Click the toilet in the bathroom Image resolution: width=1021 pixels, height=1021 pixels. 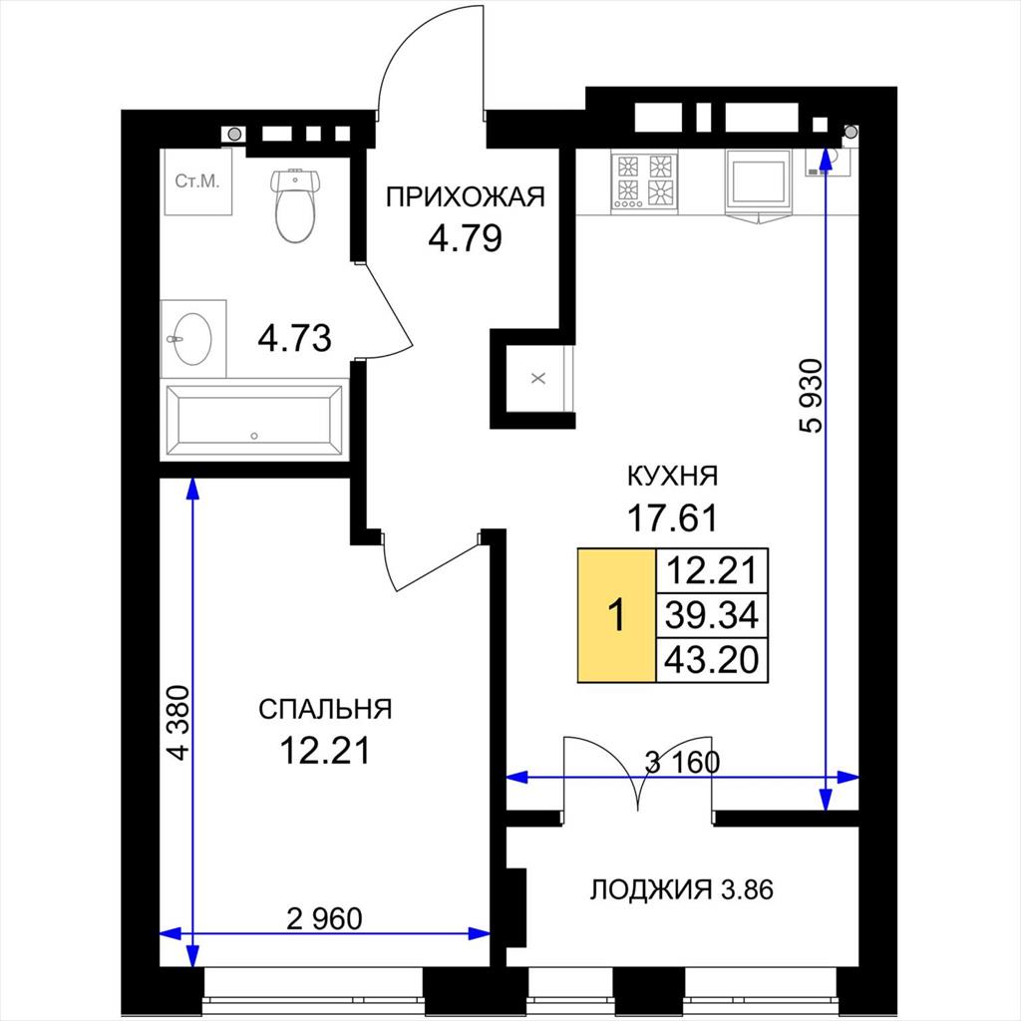click(295, 204)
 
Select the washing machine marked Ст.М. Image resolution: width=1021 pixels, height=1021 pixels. click(198, 181)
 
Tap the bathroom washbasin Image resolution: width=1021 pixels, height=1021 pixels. click(192, 339)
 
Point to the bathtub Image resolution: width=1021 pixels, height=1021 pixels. click(254, 420)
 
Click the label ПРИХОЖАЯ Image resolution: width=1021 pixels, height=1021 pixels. click(465, 196)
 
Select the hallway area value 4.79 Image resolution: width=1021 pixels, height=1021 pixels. click(465, 238)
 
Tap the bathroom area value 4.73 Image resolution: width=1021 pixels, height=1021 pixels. click(294, 339)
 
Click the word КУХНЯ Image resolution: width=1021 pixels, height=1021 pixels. click(672, 476)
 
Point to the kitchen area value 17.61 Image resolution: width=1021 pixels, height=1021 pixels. click(672, 518)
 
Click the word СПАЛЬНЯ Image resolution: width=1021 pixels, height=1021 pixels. click(325, 709)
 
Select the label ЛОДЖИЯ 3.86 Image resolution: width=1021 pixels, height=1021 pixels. click(681, 889)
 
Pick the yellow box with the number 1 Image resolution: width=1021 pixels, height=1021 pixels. click(616, 615)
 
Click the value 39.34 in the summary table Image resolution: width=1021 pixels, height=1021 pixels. click(712, 615)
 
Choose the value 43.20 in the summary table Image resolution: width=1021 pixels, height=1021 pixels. click(712, 660)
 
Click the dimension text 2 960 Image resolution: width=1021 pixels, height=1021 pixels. click(324, 918)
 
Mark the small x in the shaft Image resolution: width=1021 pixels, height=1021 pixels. click(537, 378)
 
